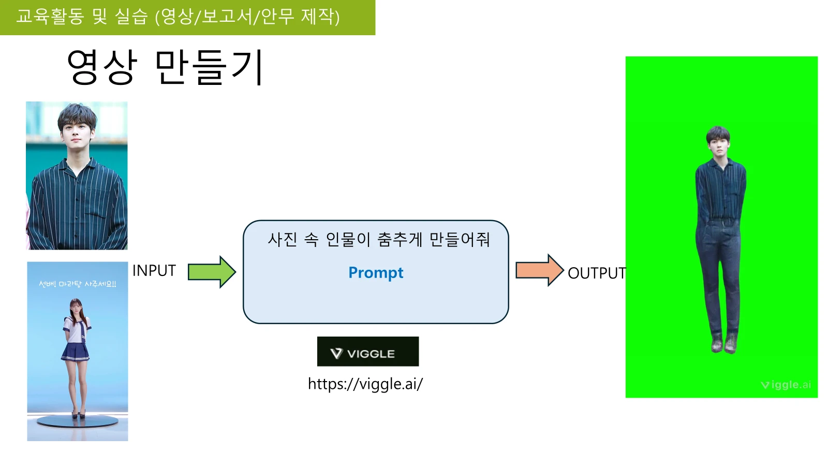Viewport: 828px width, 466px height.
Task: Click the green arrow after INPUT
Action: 212,272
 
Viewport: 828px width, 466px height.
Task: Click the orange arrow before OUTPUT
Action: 540,270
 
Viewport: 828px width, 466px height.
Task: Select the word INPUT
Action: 154,271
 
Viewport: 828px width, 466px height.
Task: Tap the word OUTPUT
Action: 597,273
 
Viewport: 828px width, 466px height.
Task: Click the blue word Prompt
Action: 376,273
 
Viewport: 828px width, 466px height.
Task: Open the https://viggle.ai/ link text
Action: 365,384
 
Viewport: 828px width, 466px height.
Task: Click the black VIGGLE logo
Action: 368,352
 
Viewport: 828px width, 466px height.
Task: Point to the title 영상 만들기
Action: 165,67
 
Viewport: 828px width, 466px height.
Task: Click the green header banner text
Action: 178,17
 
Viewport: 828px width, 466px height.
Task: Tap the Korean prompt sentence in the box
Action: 378,240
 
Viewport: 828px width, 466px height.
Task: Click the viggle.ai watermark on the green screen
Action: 786,385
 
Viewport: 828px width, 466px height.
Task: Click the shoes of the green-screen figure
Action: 724,343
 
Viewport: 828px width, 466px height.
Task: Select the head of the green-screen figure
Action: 718,141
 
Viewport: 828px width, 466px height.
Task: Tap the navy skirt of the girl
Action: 76,352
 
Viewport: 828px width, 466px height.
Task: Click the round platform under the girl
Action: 78,421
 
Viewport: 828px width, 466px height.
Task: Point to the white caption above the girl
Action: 78,284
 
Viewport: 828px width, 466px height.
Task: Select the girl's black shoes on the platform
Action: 79,415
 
